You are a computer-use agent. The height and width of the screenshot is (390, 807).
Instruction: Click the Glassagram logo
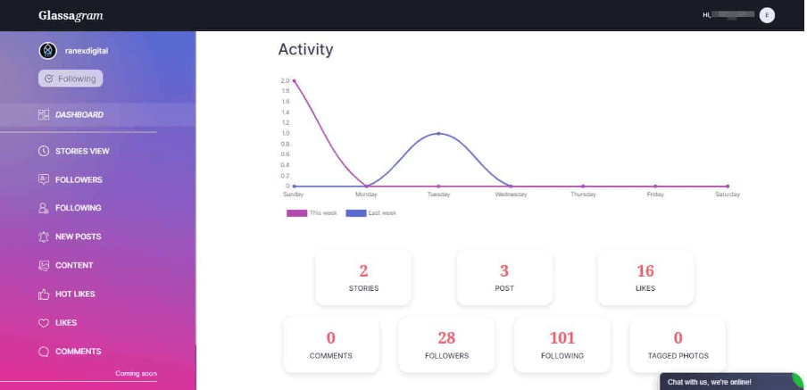(71, 15)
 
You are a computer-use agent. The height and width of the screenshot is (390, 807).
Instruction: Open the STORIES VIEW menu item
(82, 151)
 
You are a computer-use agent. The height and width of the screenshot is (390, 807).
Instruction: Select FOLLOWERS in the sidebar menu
(79, 179)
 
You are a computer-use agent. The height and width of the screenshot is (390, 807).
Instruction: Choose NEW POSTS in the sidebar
(78, 236)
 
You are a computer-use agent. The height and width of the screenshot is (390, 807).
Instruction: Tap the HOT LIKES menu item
(75, 294)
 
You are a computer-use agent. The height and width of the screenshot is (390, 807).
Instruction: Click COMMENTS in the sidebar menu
(78, 351)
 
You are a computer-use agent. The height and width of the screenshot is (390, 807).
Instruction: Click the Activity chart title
(305, 50)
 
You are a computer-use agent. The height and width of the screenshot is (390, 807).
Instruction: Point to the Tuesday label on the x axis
(438, 194)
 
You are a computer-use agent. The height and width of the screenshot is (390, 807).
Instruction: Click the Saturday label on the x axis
(728, 194)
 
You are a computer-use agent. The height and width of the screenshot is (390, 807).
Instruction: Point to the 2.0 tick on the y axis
(286, 80)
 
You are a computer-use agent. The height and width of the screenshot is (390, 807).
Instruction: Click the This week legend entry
(312, 213)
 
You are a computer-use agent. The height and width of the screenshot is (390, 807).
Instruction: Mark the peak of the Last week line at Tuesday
(438, 133)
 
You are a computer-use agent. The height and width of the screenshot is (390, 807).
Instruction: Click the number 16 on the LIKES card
(645, 271)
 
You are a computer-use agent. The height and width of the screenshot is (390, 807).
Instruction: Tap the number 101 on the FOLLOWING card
(562, 337)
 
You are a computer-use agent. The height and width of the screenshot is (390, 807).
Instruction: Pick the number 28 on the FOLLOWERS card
(446, 337)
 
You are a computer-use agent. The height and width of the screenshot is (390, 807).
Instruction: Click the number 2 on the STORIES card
(363, 271)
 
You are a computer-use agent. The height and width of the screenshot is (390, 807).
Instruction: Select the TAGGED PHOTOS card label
(678, 355)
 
